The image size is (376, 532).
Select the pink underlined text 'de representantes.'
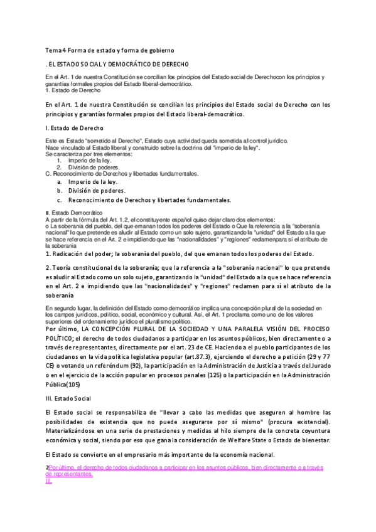(x=70, y=475)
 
